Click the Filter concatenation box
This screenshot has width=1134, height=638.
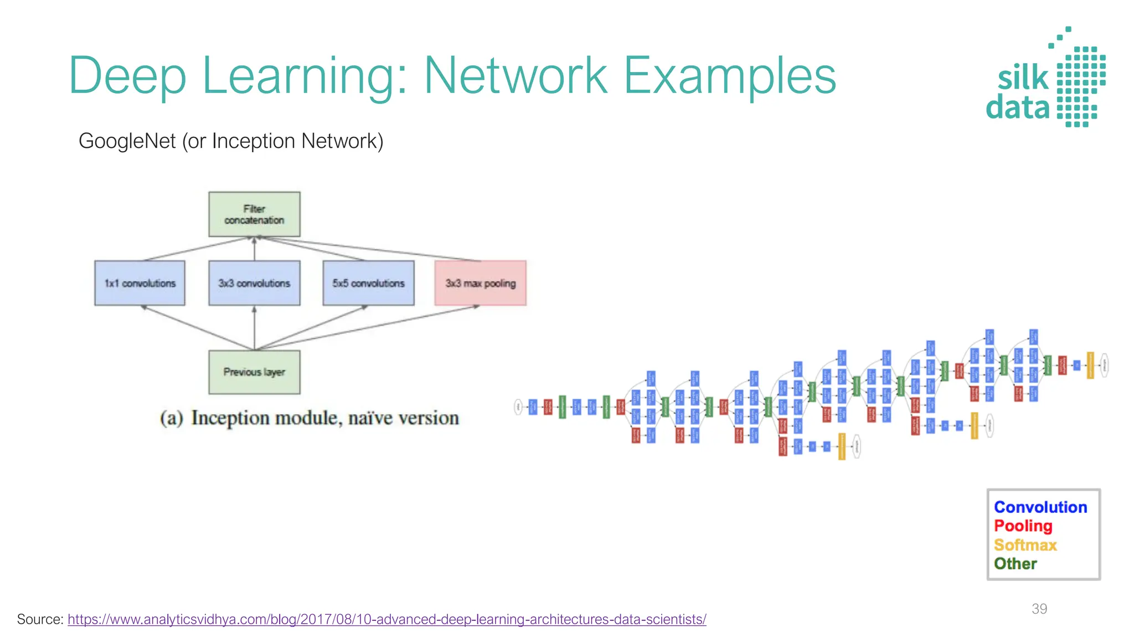coord(254,214)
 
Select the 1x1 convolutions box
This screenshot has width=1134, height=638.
coord(140,283)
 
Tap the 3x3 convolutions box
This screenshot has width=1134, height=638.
coord(254,283)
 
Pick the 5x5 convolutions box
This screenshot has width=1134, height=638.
coord(368,283)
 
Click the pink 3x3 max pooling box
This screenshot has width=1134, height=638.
coord(480,283)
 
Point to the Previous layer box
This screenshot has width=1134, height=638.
coord(254,372)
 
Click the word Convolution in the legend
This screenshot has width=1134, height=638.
coord(1040,507)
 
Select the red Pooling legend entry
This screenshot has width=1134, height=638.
coord(1023,526)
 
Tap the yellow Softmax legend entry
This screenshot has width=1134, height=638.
coord(1025,545)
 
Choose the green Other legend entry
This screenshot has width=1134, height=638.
coord(1015,564)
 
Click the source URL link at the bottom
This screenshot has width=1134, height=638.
coord(386,619)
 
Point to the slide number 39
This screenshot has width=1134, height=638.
coord(1039,609)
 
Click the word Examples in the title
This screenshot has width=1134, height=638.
coord(729,76)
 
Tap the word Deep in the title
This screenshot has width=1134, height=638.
coord(127,76)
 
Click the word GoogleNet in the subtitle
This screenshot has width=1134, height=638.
coord(127,141)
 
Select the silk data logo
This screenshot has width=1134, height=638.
coord(1045,78)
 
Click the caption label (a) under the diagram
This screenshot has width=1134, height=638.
coord(171,418)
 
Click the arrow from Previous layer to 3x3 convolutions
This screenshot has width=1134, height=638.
coord(254,328)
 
